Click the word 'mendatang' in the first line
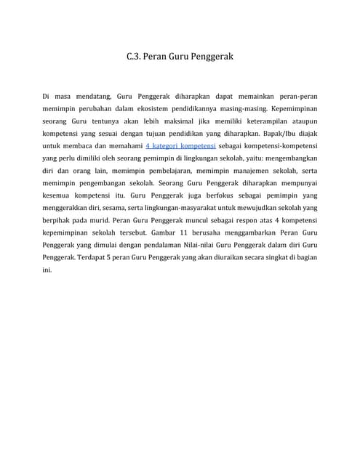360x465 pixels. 84,96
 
